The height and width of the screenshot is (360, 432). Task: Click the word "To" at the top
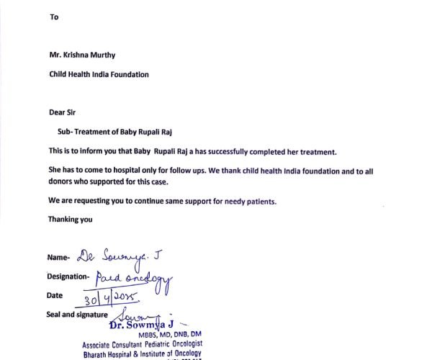pos(53,17)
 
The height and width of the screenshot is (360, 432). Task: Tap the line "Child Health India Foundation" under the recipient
pos(99,73)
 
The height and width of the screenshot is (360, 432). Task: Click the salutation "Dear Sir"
pos(61,112)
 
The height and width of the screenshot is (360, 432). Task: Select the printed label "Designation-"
pos(68,276)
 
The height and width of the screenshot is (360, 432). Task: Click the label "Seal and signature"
pos(77,315)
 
